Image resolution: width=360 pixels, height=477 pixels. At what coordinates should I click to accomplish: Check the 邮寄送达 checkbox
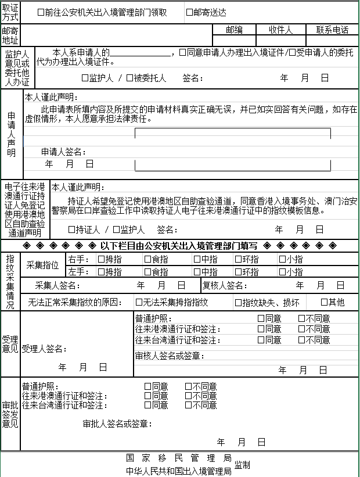[189, 12]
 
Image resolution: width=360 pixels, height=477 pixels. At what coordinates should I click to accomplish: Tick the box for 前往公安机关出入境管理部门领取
[41, 12]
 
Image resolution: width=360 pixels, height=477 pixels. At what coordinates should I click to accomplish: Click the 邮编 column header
[234, 30]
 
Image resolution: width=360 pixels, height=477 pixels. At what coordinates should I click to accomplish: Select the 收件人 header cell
[280, 30]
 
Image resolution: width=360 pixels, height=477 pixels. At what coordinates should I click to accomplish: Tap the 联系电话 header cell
[332, 30]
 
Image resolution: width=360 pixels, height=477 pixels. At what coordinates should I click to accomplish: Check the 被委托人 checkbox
[129, 78]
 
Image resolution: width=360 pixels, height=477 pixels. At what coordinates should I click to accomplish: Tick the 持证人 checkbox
[71, 229]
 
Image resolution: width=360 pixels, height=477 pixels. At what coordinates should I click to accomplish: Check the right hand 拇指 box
[101, 259]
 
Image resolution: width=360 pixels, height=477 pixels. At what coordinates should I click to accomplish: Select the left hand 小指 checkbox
[282, 272]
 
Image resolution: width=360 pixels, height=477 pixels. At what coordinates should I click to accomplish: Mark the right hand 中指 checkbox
[197, 259]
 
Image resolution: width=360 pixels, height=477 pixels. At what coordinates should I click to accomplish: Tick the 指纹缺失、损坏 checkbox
[238, 302]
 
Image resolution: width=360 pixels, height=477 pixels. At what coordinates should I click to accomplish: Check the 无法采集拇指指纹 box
[139, 302]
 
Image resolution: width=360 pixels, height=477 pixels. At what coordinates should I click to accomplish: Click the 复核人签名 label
[226, 285]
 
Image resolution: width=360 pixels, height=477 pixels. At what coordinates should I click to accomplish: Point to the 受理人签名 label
[44, 349]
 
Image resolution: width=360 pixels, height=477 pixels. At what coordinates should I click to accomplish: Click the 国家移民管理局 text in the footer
[179, 458]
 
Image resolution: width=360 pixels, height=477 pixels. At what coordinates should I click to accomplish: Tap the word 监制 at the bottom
[242, 465]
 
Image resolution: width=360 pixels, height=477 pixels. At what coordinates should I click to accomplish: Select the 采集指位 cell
[43, 266]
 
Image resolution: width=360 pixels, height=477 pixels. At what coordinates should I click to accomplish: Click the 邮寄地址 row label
[10, 35]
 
